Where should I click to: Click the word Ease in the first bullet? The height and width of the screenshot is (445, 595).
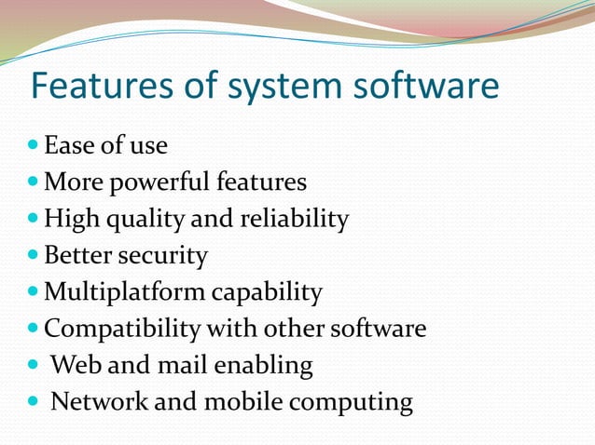[66, 146]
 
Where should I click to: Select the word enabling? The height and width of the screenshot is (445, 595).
[267, 366]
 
